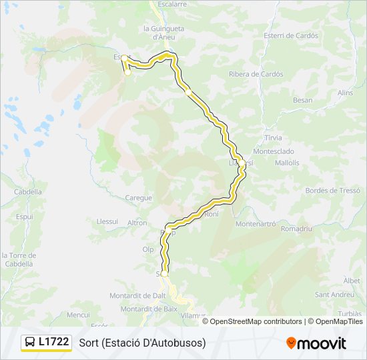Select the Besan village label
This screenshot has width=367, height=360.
302,100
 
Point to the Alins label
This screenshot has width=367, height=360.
345,93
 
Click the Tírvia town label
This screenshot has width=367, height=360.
274,137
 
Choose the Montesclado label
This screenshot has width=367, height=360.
274,151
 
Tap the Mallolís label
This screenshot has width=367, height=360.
287,162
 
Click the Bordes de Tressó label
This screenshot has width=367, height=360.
332,190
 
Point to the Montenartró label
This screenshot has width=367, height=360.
256,224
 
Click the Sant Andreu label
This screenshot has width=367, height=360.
334,294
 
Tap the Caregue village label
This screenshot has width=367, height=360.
139,198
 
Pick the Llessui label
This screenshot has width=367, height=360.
107,221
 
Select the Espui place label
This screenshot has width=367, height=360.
25,217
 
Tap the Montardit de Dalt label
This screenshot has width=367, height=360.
137,295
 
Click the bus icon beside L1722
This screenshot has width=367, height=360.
31,342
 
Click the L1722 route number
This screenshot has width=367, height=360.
54,342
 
